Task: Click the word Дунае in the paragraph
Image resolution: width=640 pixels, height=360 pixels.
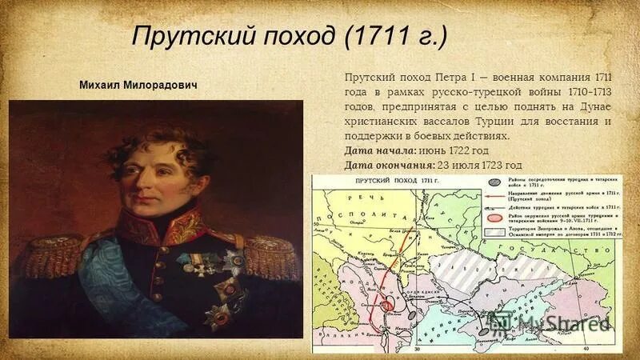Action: point(596,106)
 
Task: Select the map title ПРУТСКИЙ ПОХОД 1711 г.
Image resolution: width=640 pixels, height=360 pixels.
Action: point(392,182)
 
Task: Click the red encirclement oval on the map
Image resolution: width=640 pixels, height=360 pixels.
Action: point(389,304)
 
